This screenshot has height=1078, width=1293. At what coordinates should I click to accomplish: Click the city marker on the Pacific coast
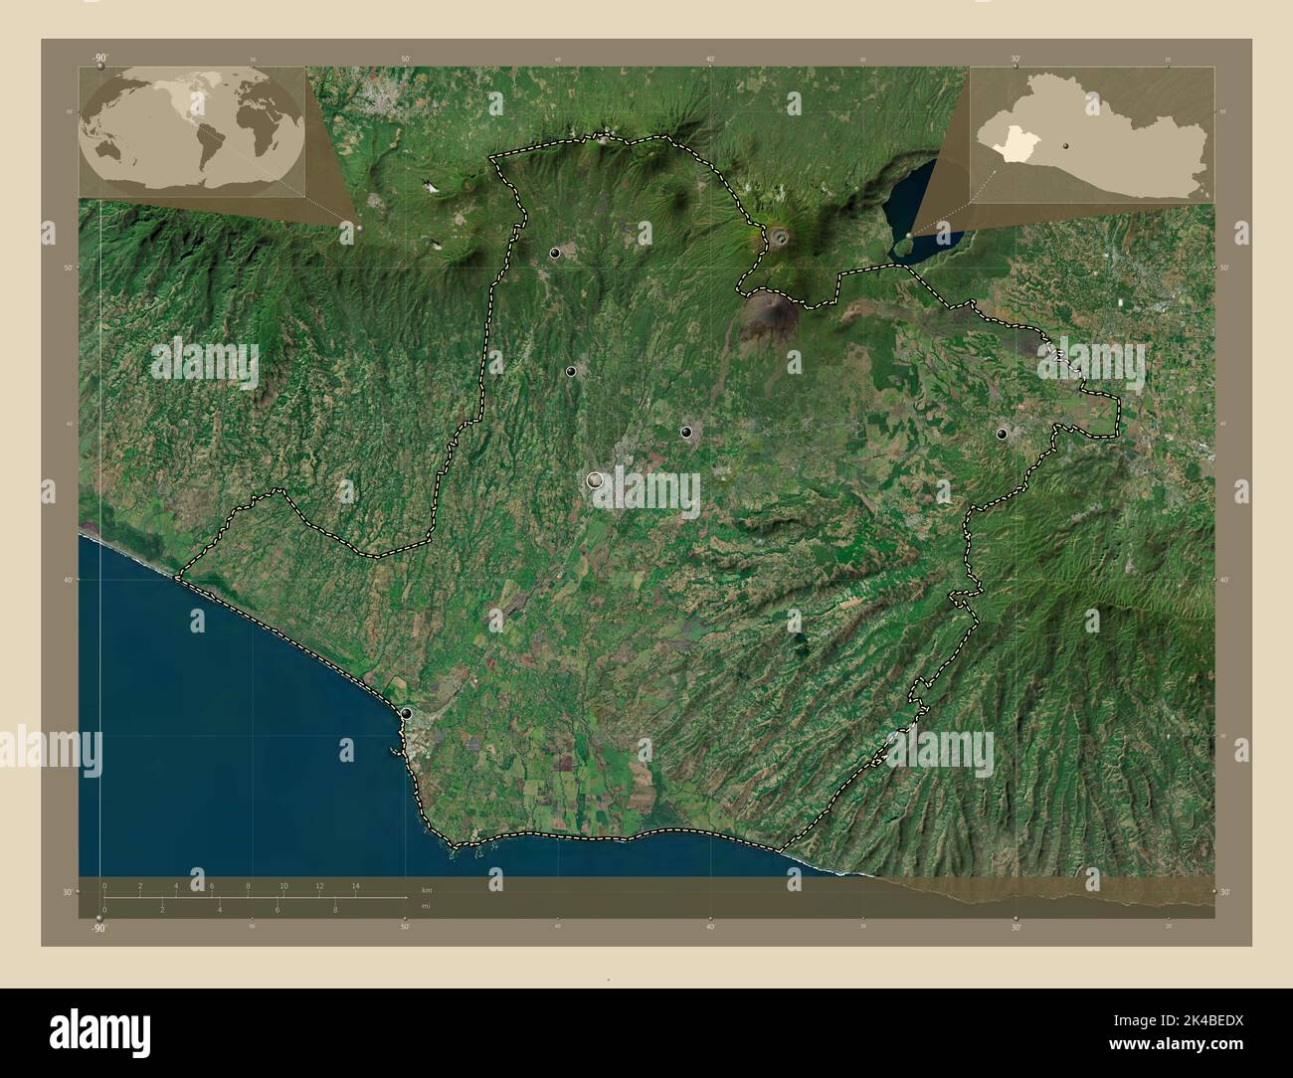tap(406, 713)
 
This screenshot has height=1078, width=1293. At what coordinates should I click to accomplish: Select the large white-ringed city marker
tap(595, 480)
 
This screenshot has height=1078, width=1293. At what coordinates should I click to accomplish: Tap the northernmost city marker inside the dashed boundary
tap(554, 254)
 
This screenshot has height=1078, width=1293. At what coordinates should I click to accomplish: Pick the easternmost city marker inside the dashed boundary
tap(1002, 434)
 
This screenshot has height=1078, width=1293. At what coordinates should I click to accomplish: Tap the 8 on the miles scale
tap(336, 910)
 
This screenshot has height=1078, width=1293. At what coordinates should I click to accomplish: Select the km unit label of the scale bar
tap(427, 889)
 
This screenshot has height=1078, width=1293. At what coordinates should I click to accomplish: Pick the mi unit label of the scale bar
tap(426, 907)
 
